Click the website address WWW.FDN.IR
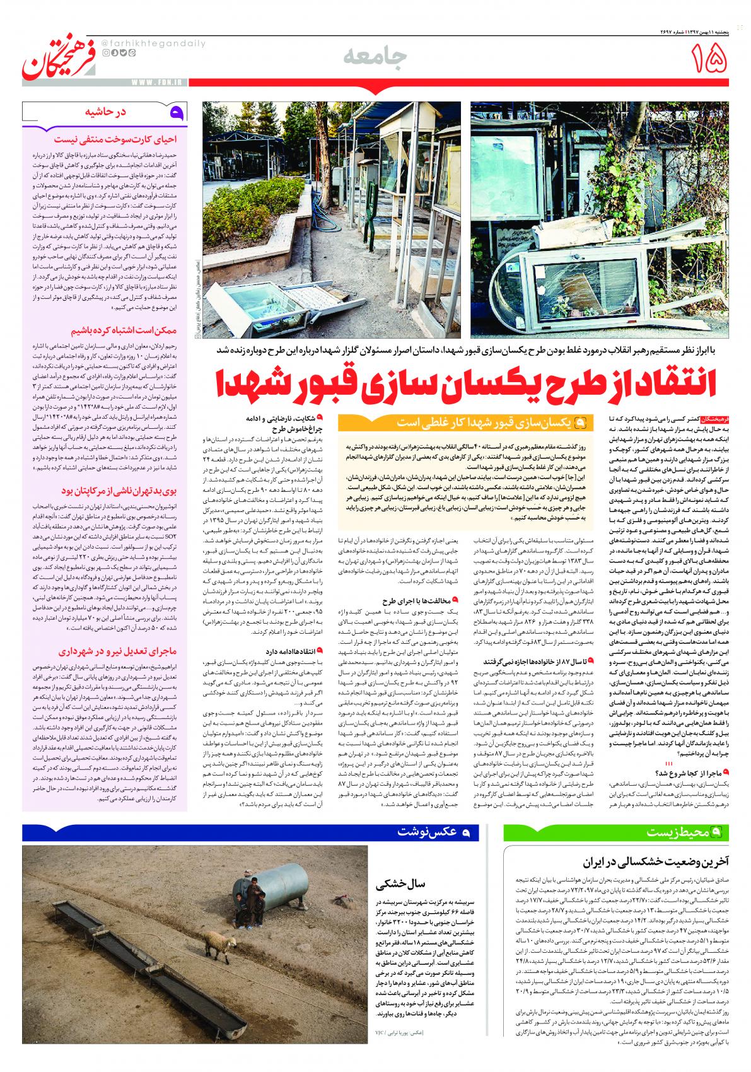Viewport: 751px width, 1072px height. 154,81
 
